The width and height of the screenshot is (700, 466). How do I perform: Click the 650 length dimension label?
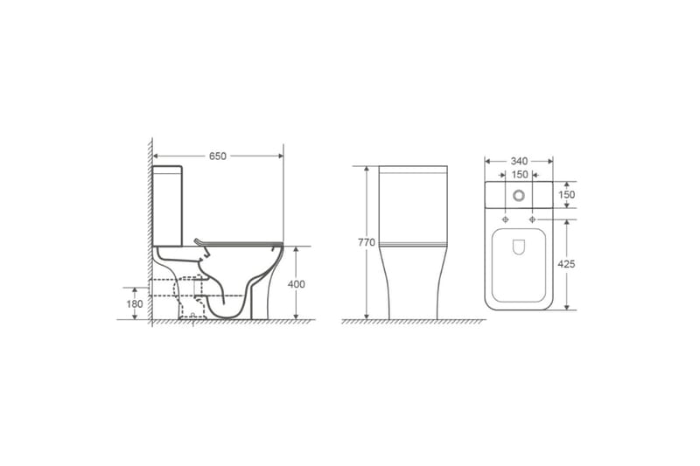pyautogui.click(x=217, y=156)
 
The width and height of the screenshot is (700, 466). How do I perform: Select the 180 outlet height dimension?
pyautogui.click(x=134, y=304)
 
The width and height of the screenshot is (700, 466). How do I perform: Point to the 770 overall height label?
pyautogui.click(x=367, y=242)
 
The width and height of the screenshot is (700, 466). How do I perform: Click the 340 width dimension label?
pyautogui.click(x=519, y=161)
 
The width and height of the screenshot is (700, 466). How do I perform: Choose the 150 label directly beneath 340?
pyautogui.click(x=519, y=175)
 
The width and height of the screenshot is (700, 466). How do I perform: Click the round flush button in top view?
pyautogui.click(x=519, y=195)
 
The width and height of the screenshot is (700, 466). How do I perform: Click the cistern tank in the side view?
pyautogui.click(x=168, y=205)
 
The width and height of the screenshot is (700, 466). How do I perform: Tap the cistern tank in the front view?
pyautogui.click(x=413, y=203)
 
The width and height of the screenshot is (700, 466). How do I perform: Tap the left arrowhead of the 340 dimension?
pyautogui.click(x=488, y=161)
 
